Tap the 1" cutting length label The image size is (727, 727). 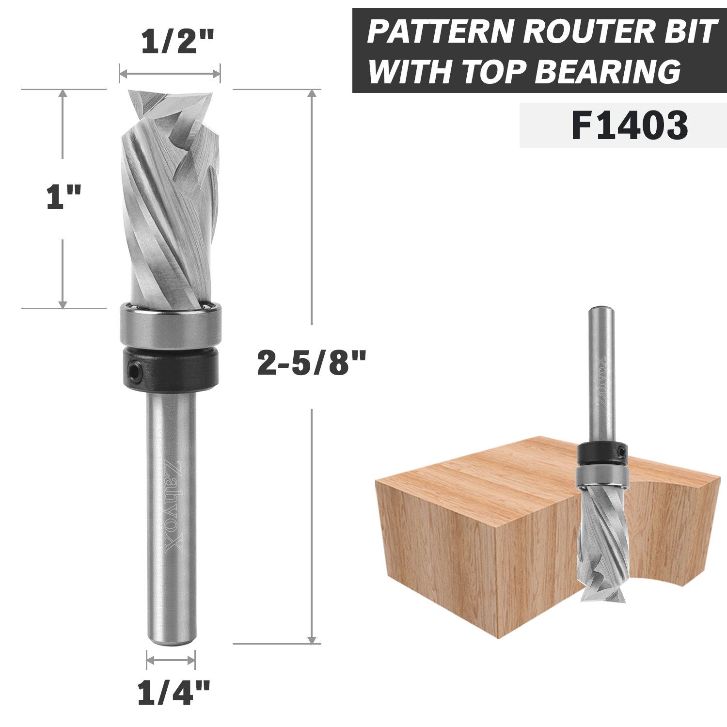click(63, 197)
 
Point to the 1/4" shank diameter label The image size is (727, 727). click(174, 693)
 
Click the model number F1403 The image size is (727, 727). click(630, 126)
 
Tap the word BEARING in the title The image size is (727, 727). click(608, 72)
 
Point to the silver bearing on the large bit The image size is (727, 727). click(170, 324)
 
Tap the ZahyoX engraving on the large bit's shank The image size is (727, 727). click(173, 506)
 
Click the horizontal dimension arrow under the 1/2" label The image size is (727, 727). click(170, 74)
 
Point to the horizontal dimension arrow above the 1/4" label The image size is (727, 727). click(171, 660)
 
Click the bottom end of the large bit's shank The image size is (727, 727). click(172, 641)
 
